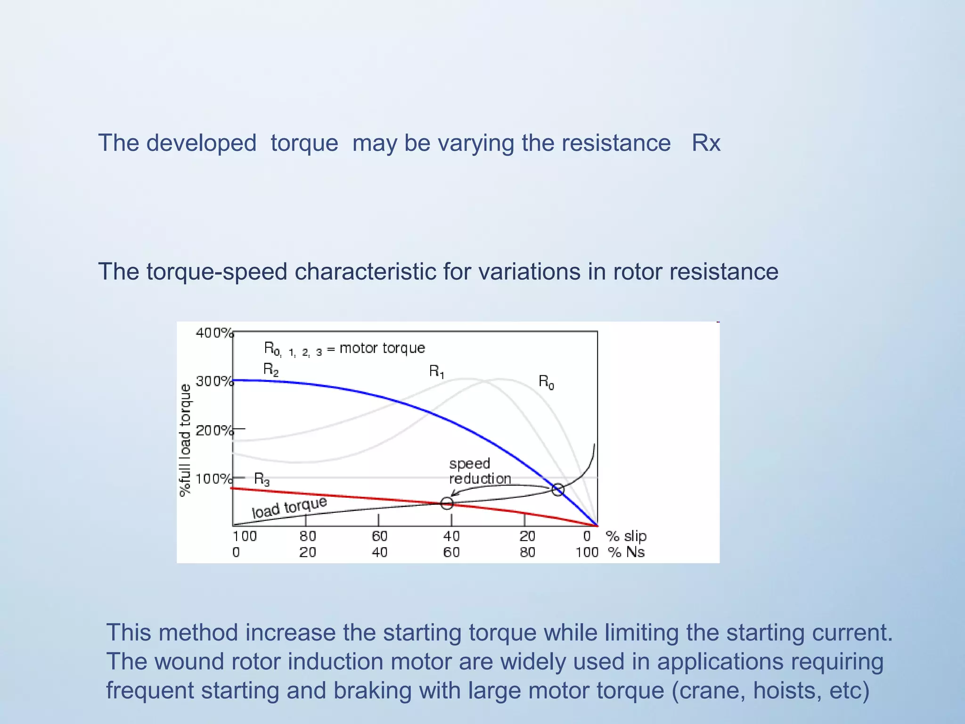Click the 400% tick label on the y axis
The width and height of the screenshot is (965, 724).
point(214,333)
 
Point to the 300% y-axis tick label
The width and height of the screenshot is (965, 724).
point(214,381)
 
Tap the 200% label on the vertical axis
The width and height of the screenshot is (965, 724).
point(214,430)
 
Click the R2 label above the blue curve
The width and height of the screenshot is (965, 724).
point(271,369)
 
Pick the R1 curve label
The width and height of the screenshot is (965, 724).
point(436,371)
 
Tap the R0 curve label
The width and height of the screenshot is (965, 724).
point(546,381)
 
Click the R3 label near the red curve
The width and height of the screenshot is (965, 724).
point(262,479)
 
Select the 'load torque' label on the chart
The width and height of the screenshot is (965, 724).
point(289,508)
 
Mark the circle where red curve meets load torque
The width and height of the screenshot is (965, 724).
point(447,503)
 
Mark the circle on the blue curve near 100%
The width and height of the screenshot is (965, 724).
point(558,490)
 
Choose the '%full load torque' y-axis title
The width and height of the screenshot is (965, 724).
point(185,440)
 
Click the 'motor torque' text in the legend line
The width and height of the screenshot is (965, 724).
point(382,348)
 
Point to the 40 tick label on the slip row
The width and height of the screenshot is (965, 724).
point(451,536)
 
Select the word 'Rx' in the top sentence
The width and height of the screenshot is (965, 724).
point(706,143)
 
